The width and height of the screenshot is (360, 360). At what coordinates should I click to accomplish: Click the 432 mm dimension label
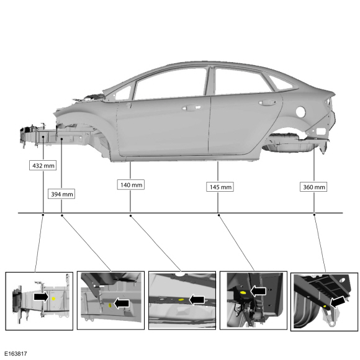43,166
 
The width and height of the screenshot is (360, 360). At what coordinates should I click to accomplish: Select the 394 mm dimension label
61,194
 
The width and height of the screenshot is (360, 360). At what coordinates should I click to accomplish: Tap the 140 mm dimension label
131,184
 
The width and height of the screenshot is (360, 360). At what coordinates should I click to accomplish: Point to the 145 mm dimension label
220,187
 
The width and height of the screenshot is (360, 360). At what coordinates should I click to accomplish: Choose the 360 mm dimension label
313,187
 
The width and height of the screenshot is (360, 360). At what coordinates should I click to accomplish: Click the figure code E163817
16,354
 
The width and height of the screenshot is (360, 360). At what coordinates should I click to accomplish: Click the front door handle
191,107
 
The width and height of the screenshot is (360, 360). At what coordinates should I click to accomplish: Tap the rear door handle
268,102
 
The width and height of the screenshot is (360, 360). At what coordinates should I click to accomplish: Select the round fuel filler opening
301,112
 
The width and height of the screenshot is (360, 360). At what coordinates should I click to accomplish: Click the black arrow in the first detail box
42,297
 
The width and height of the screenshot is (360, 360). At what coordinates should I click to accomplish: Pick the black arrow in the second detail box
122,304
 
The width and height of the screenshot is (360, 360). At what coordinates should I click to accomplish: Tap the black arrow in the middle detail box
197,300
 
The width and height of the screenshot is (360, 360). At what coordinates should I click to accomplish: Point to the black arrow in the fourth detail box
258,291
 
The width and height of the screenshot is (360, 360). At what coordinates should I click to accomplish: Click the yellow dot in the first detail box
53,299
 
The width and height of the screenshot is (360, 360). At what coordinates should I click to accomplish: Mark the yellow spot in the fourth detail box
243,293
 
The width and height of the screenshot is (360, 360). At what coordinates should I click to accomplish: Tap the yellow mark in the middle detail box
181,300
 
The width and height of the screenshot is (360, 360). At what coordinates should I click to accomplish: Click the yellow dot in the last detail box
325,307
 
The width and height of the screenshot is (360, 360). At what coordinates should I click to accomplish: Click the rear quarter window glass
281,83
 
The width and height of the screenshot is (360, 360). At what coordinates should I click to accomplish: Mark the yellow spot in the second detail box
110,305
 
